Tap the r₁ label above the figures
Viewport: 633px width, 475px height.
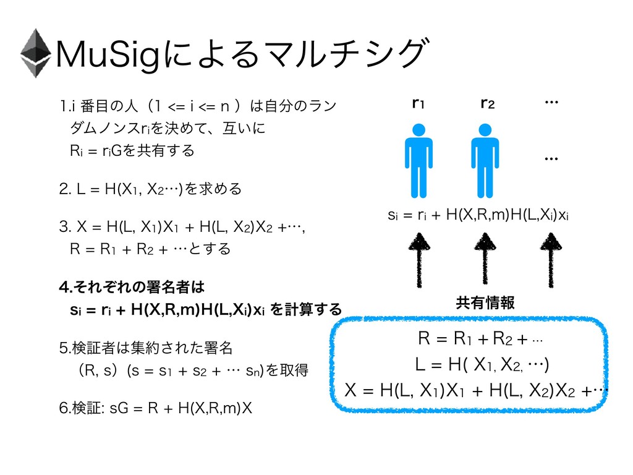click(x=418, y=104)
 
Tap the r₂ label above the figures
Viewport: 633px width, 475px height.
click(x=485, y=104)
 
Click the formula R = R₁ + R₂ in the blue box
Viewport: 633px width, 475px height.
click(x=481, y=339)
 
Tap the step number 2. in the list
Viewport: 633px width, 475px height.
click(x=61, y=188)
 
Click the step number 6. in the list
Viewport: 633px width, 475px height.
click(x=60, y=409)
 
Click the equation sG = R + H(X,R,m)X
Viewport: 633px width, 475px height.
click(x=172, y=409)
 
